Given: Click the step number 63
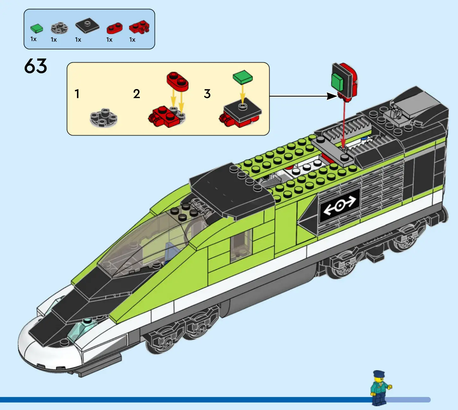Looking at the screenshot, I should [x=35, y=66].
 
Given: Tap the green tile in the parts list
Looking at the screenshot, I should [x=37, y=29].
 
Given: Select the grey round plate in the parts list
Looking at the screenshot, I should [x=59, y=28].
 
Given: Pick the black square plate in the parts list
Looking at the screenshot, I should [x=87, y=26].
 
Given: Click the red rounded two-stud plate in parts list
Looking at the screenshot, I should [x=114, y=28].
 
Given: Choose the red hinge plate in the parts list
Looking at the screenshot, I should [x=139, y=27].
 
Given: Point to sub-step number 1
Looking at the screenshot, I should [x=77, y=94].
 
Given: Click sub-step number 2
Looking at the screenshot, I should [x=136, y=94].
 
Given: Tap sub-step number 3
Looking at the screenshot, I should [x=207, y=94].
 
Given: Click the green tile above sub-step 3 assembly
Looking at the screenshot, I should [x=243, y=77].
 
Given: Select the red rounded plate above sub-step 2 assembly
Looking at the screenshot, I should [x=177, y=81].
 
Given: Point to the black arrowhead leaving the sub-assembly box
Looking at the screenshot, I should [x=332, y=96].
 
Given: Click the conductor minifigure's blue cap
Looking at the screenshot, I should [x=379, y=374].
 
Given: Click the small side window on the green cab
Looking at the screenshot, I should [x=241, y=245].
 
